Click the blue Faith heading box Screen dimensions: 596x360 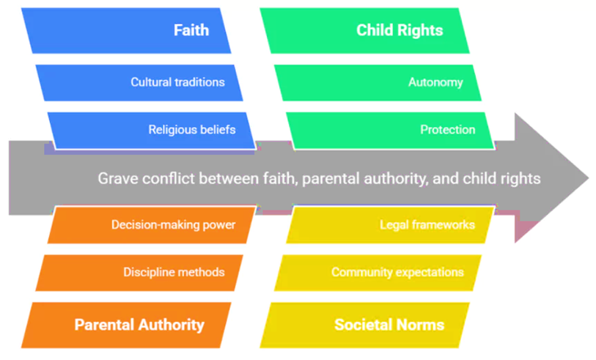click(x=126, y=30)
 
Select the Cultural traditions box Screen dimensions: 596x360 click(x=139, y=83)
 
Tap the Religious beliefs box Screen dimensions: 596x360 click(x=151, y=131)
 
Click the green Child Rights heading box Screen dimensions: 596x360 click(x=364, y=30)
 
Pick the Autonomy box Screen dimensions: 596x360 click(x=378, y=83)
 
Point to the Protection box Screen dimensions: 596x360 click(x=390, y=131)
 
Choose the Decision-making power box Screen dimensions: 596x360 click(x=151, y=224)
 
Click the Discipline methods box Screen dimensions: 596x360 click(x=139, y=273)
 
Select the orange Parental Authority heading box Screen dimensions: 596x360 click(x=126, y=325)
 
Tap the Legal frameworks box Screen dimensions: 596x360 click(x=390, y=224)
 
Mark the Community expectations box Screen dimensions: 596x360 click(x=378, y=273)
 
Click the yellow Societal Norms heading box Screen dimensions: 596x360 click(x=364, y=325)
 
